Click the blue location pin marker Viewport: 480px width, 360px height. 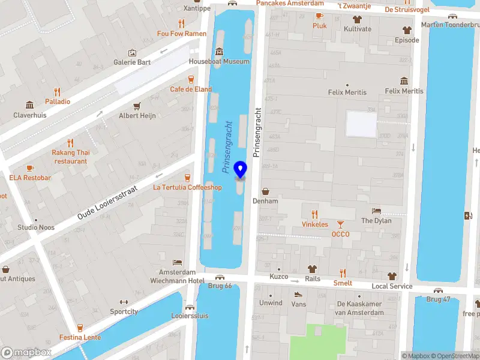click(241, 170)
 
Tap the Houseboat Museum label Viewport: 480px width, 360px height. click(218, 62)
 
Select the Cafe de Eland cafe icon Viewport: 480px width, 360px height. click(191, 79)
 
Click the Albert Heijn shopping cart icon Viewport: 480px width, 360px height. click(137, 106)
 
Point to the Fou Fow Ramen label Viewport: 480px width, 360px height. click(181, 34)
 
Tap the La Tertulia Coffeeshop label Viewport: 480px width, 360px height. click(187, 187)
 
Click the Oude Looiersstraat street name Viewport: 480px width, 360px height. click(108, 202)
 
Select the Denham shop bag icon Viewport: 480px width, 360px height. click(265, 191)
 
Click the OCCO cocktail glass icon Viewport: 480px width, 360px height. click(340, 224)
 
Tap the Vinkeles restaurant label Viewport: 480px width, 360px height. click(314, 224)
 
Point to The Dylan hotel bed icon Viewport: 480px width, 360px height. click(376, 211)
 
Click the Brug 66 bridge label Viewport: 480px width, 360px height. click(219, 286)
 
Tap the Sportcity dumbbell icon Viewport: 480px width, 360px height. click(124, 302)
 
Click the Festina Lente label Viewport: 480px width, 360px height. click(80, 337)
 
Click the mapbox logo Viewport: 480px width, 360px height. click(26, 353)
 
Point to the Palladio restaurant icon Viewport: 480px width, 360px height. click(58, 92)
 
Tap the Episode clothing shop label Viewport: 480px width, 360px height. click(406, 40)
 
